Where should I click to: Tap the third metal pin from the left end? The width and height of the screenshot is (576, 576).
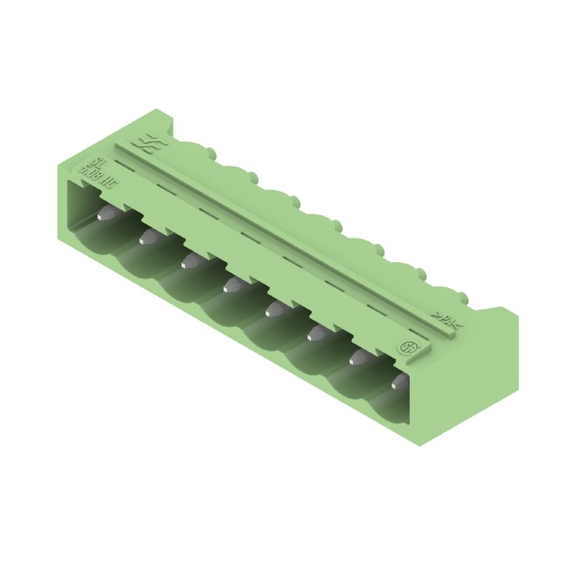click(x=190, y=261)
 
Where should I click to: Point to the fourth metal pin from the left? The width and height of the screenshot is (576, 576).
click(x=232, y=286)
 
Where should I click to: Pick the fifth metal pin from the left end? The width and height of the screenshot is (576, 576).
click(x=274, y=310)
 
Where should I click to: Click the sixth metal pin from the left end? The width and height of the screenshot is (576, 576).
click(x=316, y=333)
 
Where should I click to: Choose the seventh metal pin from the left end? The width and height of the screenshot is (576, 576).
click(x=358, y=357)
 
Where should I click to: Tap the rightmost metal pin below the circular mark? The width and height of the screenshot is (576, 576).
click(x=398, y=382)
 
